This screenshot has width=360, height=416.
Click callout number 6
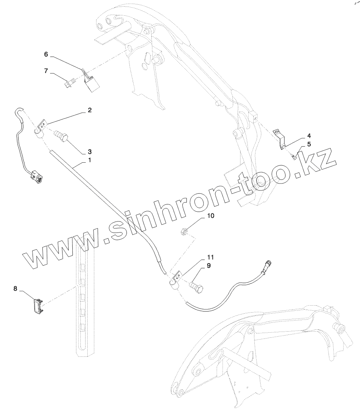click(x=46, y=54)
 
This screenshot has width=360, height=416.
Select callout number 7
click(x=46, y=71)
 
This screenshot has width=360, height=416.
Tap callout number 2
click(x=90, y=110)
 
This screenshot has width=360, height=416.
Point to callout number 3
click(x=89, y=151)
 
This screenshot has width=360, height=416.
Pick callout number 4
click(x=309, y=136)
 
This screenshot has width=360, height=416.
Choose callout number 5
click(x=309, y=144)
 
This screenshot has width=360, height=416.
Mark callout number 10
click(x=211, y=215)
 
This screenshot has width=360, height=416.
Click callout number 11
click(x=211, y=257)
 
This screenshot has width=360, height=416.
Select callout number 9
click(x=209, y=266)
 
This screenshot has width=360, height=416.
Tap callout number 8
click(x=15, y=288)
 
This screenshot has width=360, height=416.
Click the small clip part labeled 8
click(x=37, y=305)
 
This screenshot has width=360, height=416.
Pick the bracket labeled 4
click(x=281, y=138)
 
